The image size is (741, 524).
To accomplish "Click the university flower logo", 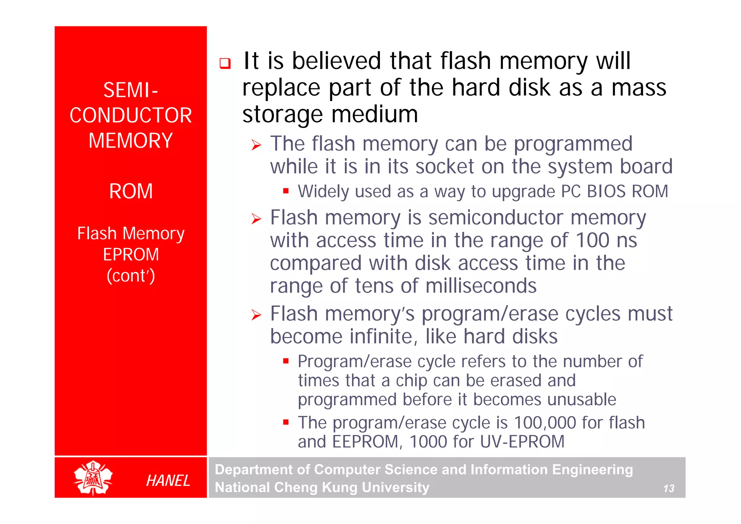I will (x=93, y=478).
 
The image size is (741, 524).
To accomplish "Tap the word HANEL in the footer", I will (x=168, y=481).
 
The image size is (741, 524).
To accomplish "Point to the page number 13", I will (x=669, y=489).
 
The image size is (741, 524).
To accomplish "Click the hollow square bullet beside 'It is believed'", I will (x=225, y=64).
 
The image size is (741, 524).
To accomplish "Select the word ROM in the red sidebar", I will (x=131, y=191).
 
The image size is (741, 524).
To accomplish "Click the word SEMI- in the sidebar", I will (x=131, y=90).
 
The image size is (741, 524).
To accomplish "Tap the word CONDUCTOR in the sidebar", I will (x=131, y=115).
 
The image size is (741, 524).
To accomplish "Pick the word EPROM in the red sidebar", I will (x=131, y=254).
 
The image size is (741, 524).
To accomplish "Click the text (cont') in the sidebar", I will (x=131, y=276).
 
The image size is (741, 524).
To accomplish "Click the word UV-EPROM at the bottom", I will (x=522, y=442).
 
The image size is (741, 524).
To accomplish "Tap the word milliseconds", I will (x=481, y=286).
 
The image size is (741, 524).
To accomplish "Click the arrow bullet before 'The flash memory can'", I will (x=256, y=145).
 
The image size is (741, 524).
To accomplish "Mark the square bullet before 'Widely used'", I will (x=286, y=191).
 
